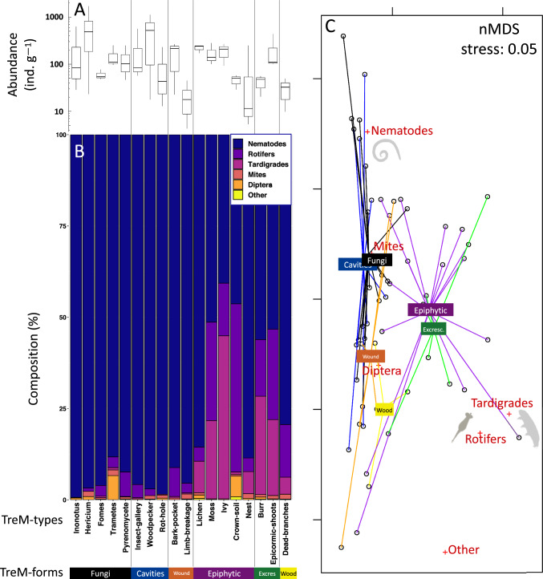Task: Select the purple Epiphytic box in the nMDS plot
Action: [431, 309]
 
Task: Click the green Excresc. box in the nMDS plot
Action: [433, 328]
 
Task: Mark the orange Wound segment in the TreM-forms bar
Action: [180, 572]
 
